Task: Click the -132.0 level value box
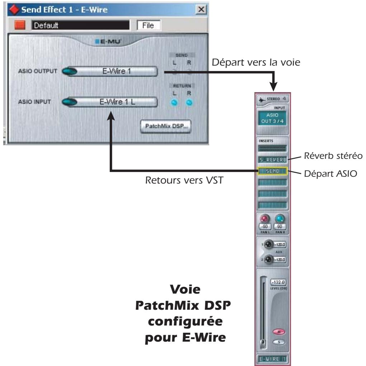278,283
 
